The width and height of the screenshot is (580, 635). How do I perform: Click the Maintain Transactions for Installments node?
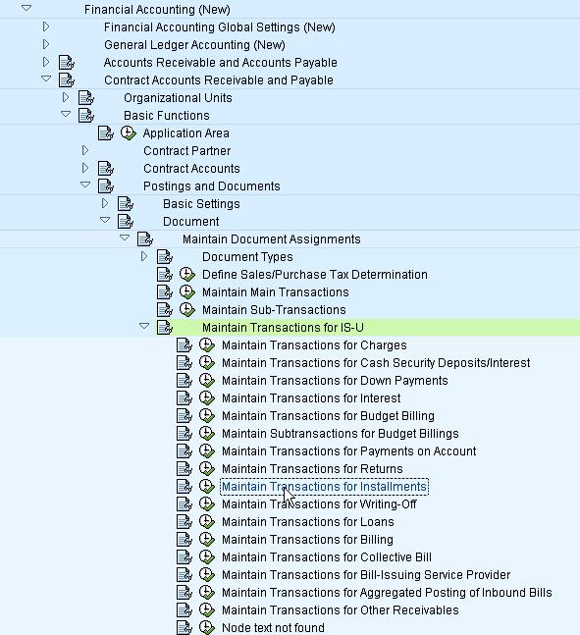324,487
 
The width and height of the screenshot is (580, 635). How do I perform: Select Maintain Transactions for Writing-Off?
319,504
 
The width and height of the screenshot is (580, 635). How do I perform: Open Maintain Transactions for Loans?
307,522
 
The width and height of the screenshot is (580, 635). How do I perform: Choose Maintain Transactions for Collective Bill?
326,557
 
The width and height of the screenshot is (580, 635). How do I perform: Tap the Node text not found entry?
273,628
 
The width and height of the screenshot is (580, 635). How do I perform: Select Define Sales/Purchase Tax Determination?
314,275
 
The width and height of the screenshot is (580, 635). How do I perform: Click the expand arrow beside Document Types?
144,257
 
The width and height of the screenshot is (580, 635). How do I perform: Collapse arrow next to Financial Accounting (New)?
26,10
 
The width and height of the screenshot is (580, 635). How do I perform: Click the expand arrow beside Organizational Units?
66,98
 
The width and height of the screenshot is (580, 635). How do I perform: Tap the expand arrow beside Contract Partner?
85,151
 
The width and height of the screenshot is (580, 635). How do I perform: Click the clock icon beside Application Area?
128,133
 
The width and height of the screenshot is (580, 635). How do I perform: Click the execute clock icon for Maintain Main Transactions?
187,292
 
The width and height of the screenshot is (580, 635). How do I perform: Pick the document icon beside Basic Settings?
126,204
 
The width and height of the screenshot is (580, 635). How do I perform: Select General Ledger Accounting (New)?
194,45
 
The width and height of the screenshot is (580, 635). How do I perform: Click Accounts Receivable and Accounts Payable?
220,63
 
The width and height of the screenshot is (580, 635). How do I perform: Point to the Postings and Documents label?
211,186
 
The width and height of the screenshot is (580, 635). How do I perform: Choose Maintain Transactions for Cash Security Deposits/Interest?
376,363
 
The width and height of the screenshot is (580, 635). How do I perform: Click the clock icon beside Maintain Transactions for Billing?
207,540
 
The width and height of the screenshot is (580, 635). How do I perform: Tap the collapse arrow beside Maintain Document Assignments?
125,239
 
